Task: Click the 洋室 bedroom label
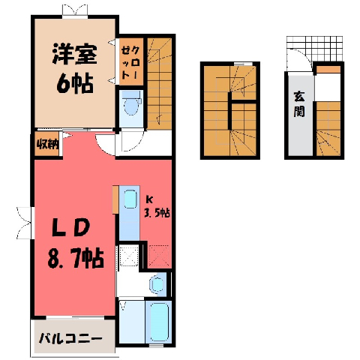click(74, 54)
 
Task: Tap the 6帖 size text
click(75, 83)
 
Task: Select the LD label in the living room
click(70, 228)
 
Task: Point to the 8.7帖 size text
click(75, 258)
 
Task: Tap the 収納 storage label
click(47, 144)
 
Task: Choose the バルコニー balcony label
click(70, 339)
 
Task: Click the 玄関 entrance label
click(299, 104)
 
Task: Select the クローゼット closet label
click(130, 62)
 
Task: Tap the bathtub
click(158, 322)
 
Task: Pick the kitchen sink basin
click(130, 199)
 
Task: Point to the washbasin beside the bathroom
click(156, 284)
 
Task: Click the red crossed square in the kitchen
click(159, 256)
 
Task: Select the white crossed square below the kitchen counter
click(128, 256)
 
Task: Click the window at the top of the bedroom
click(75, 11)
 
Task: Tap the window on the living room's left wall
click(25, 223)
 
